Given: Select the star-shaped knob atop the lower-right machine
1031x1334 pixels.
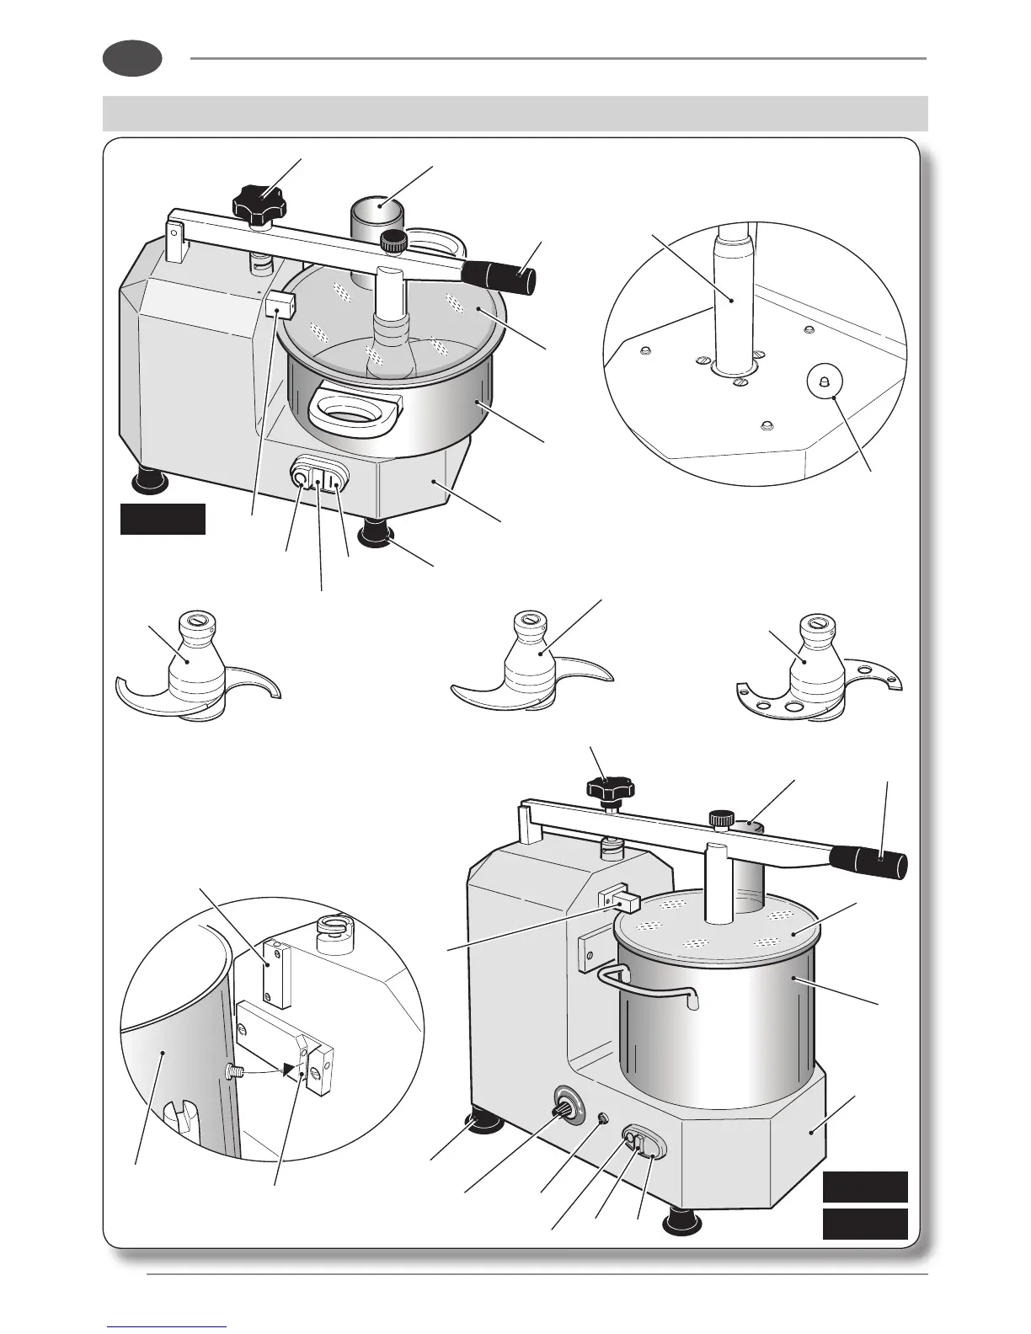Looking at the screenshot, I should [611, 789].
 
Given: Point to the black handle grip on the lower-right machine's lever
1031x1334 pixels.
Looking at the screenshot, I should [868, 862].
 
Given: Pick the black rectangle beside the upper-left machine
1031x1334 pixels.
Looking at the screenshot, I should [163, 519].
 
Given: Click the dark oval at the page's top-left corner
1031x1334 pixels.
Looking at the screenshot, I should [132, 59].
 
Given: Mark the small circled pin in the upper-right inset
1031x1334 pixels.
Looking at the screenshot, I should [825, 382].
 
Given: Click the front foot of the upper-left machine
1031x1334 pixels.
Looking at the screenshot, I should [375, 533].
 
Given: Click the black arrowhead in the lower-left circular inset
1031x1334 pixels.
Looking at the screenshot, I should [291, 1070].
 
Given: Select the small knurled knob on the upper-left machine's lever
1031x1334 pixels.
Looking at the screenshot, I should [393, 242].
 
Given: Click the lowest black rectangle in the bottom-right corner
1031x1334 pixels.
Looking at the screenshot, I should [865, 1223].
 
